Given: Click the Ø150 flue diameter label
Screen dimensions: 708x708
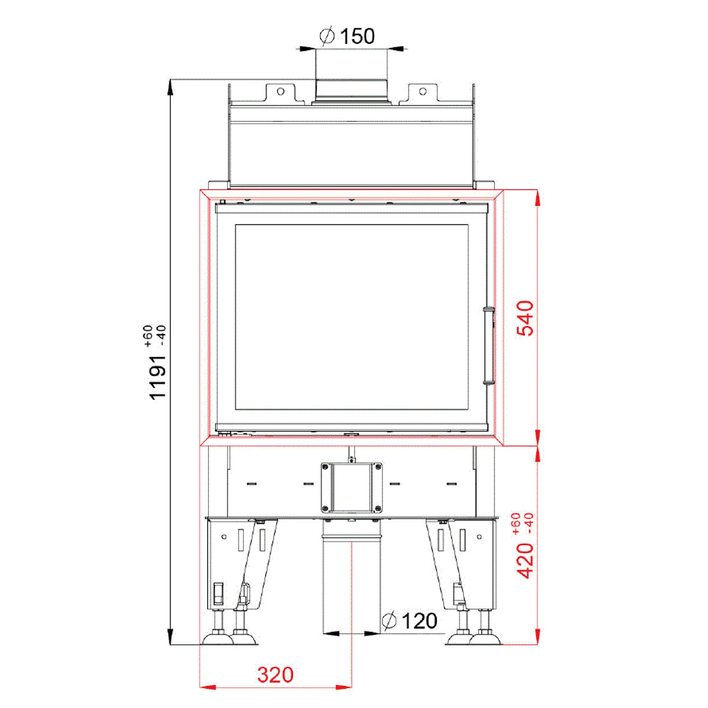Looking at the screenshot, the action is (x=347, y=36).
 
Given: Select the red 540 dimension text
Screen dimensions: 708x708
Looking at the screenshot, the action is (x=524, y=318).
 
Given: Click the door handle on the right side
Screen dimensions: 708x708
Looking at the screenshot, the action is (x=489, y=346).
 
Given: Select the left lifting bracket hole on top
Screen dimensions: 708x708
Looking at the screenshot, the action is (x=280, y=91).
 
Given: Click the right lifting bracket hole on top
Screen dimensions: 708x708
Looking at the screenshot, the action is (x=423, y=91).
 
